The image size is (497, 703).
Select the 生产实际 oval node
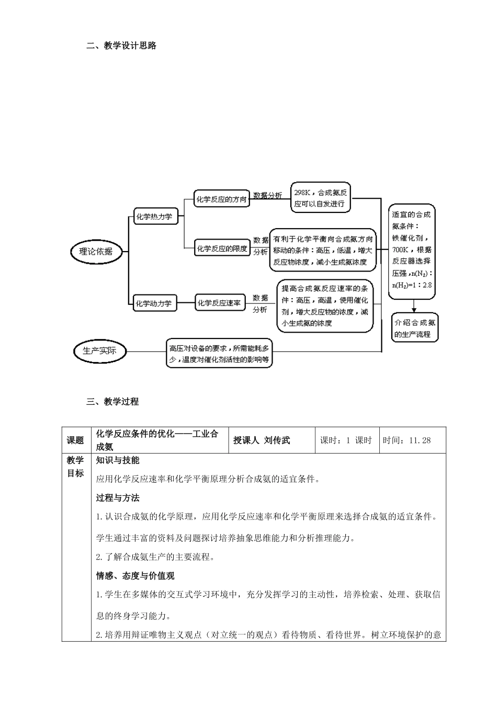[99, 351]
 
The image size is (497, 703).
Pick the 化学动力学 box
[154, 303]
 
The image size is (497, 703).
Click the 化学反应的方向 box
[221, 199]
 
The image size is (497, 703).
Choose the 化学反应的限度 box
[221, 249]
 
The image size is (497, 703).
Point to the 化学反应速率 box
[220, 303]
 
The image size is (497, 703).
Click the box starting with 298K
[320, 198]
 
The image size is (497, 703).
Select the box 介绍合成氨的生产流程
[415, 328]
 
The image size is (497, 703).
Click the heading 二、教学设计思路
[121, 46]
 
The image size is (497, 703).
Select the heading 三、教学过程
[112, 402]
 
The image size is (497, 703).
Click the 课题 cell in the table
[75, 440]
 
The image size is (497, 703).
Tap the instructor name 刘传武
[277, 440]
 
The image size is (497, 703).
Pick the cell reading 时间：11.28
[407, 440]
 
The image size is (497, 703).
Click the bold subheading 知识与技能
[118, 460]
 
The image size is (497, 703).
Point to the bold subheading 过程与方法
[118, 498]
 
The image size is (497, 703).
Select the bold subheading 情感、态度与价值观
[135, 576]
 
